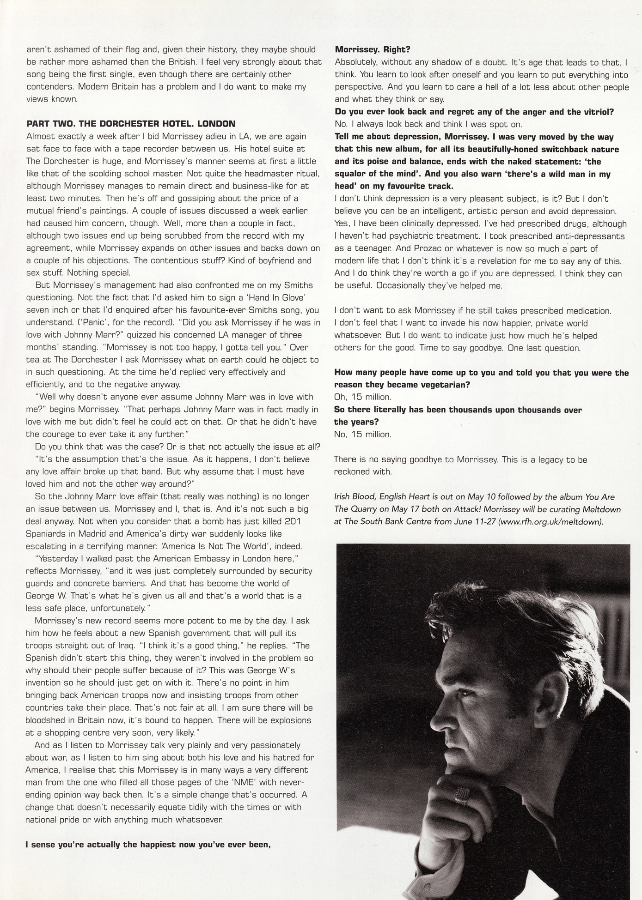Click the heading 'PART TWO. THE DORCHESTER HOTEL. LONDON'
coord(131,124)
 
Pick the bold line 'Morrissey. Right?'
coord(373,49)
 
